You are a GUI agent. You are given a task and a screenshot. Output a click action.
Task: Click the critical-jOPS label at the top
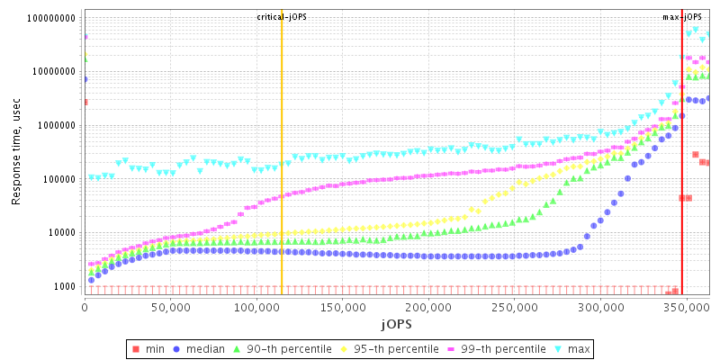[282, 17]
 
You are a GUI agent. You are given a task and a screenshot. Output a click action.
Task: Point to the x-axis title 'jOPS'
[397, 322]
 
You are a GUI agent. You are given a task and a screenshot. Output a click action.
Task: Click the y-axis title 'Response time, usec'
[16, 153]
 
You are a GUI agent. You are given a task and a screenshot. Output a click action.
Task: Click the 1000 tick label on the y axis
[65, 286]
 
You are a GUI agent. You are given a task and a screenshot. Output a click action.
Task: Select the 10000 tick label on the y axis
[62, 232]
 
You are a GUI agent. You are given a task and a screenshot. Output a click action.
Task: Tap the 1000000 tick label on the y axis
[57, 125]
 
